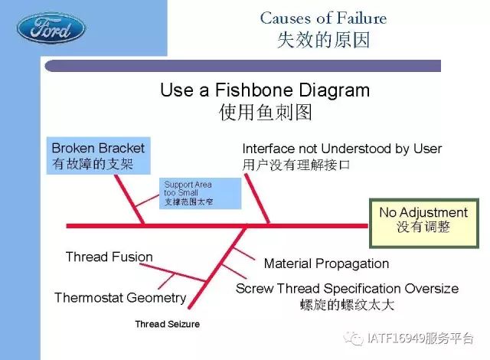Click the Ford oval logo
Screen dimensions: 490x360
tap(51, 29)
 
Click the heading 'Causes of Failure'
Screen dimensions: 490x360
tap(323, 18)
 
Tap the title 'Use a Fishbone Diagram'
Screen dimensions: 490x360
tap(265, 90)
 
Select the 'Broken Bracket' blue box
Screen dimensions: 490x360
tap(99, 155)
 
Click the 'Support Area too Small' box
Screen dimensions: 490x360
tap(201, 194)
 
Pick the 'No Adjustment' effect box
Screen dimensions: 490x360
tap(424, 224)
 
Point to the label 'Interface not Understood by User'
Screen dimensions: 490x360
tap(342, 149)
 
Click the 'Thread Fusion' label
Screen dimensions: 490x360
tap(109, 257)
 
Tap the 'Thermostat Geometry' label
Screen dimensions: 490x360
tap(121, 297)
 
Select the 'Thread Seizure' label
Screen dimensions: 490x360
tap(168, 324)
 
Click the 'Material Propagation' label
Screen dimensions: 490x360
tap(327, 263)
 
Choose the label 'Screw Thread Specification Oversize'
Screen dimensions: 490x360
tap(347, 289)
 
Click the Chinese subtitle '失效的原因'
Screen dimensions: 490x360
tap(323, 40)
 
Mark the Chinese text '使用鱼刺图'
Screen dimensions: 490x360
tap(266, 112)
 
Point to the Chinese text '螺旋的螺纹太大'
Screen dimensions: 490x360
tap(347, 305)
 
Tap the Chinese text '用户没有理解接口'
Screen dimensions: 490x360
tap(296, 165)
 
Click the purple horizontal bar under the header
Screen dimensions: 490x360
tap(243, 66)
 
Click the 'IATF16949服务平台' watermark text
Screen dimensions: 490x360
tap(420, 338)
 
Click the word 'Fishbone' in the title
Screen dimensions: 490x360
tap(253, 90)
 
